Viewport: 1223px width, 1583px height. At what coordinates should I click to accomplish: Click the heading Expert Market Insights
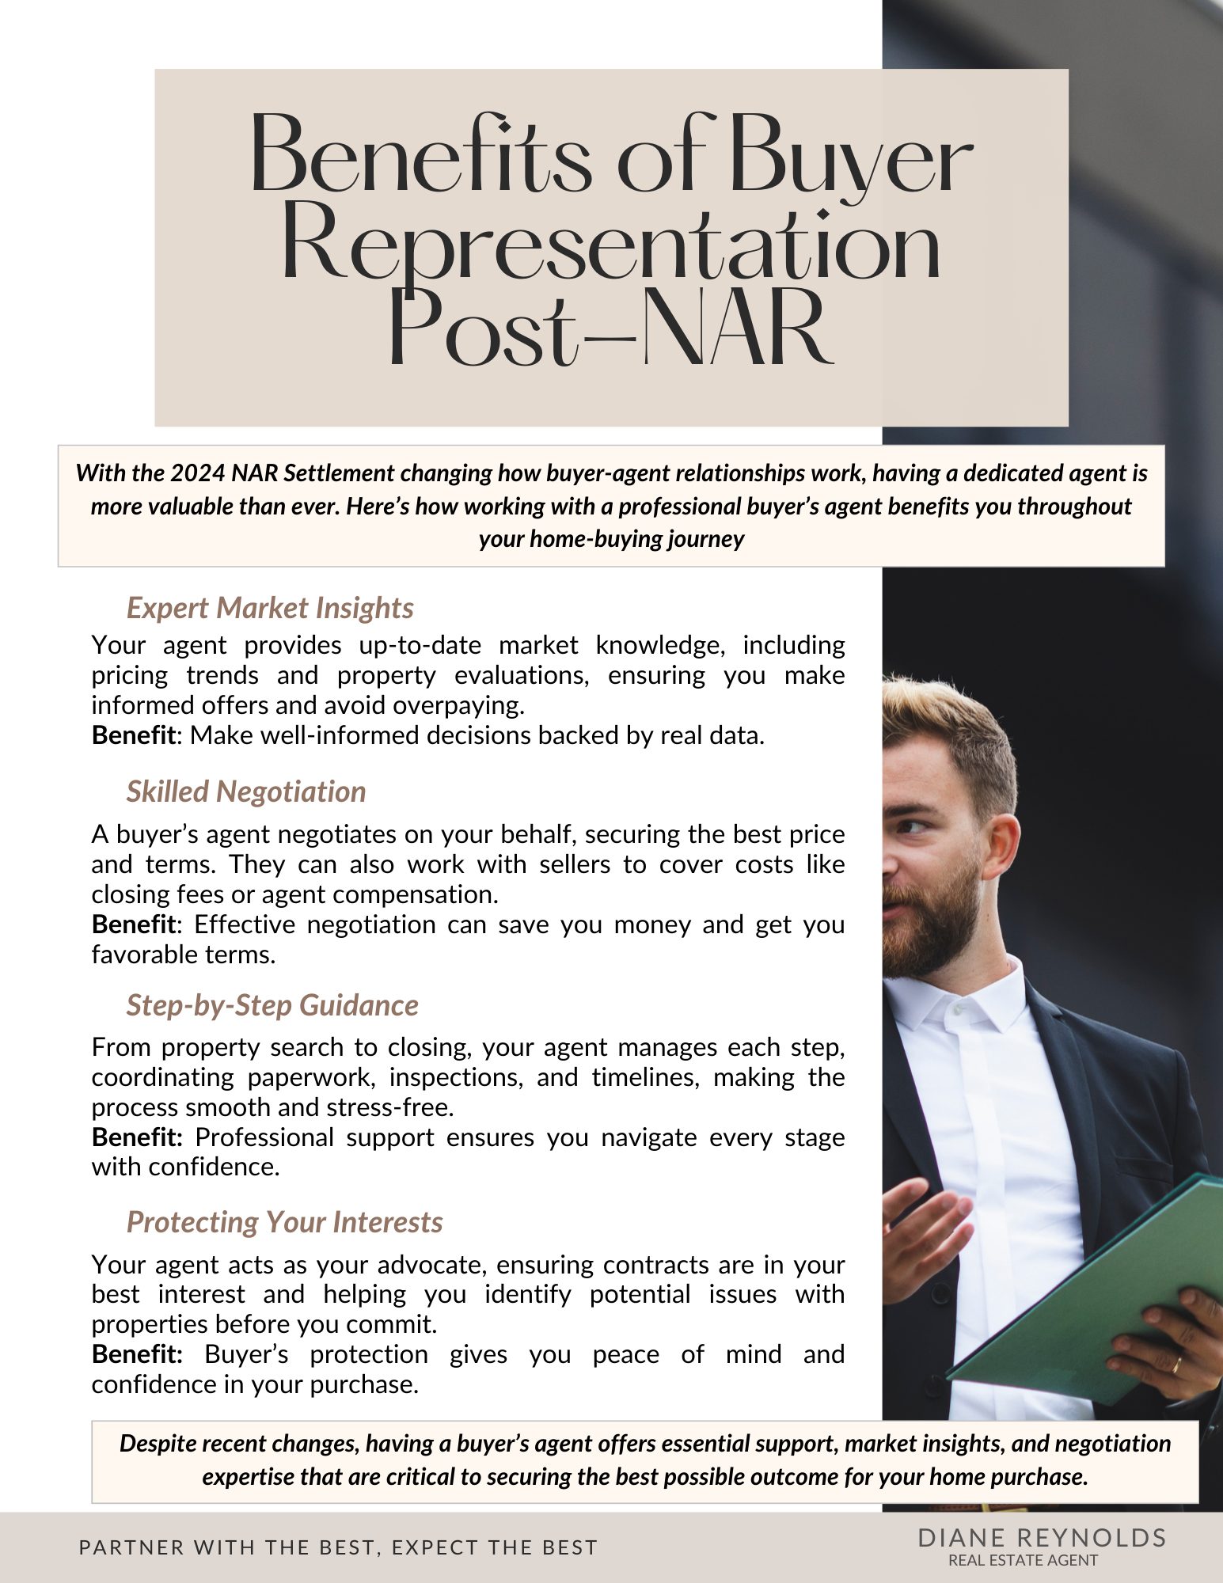point(270,608)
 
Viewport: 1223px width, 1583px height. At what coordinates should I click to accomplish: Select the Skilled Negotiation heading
point(246,791)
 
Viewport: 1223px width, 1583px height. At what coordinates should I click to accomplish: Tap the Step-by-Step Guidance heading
point(272,1005)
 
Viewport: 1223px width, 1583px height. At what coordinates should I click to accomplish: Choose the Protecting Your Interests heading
point(284,1222)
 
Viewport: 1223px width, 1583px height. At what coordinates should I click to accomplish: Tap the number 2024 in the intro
point(198,473)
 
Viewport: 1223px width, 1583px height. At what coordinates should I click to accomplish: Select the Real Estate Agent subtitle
point(1023,1560)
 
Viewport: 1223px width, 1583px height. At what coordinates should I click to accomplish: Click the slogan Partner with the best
point(338,1547)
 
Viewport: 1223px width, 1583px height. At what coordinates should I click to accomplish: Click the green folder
point(1092,1298)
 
